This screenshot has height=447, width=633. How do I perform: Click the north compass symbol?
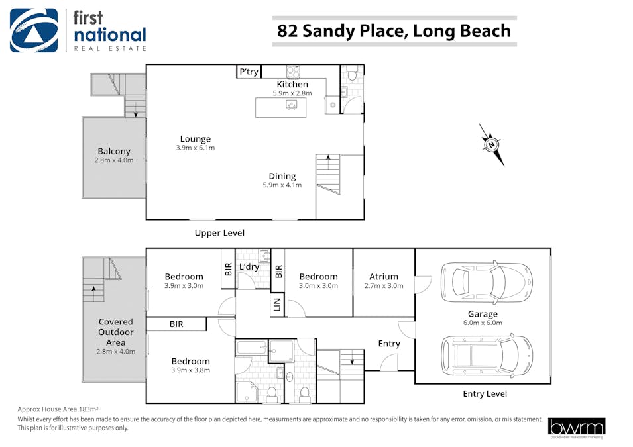492,144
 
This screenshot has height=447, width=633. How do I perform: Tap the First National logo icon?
34,30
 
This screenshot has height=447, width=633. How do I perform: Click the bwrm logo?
577,428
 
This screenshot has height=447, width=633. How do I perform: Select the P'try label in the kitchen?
249,72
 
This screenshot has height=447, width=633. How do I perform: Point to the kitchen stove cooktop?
293,72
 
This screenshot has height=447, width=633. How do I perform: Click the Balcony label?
114,151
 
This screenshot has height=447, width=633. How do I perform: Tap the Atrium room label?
384,277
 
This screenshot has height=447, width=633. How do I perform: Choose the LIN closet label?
277,305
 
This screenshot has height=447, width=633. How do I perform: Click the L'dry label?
249,267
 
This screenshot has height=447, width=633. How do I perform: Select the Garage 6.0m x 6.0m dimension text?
483,323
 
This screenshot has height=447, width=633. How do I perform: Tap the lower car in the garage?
487,356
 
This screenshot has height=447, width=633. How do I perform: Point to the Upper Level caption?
219,233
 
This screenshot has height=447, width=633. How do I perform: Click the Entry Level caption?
485,394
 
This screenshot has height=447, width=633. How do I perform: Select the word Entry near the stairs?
389,344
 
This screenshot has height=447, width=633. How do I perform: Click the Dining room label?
282,176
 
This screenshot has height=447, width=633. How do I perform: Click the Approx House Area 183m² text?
58,409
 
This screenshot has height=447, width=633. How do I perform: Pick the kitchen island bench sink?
292,105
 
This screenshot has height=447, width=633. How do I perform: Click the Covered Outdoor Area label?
116,332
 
